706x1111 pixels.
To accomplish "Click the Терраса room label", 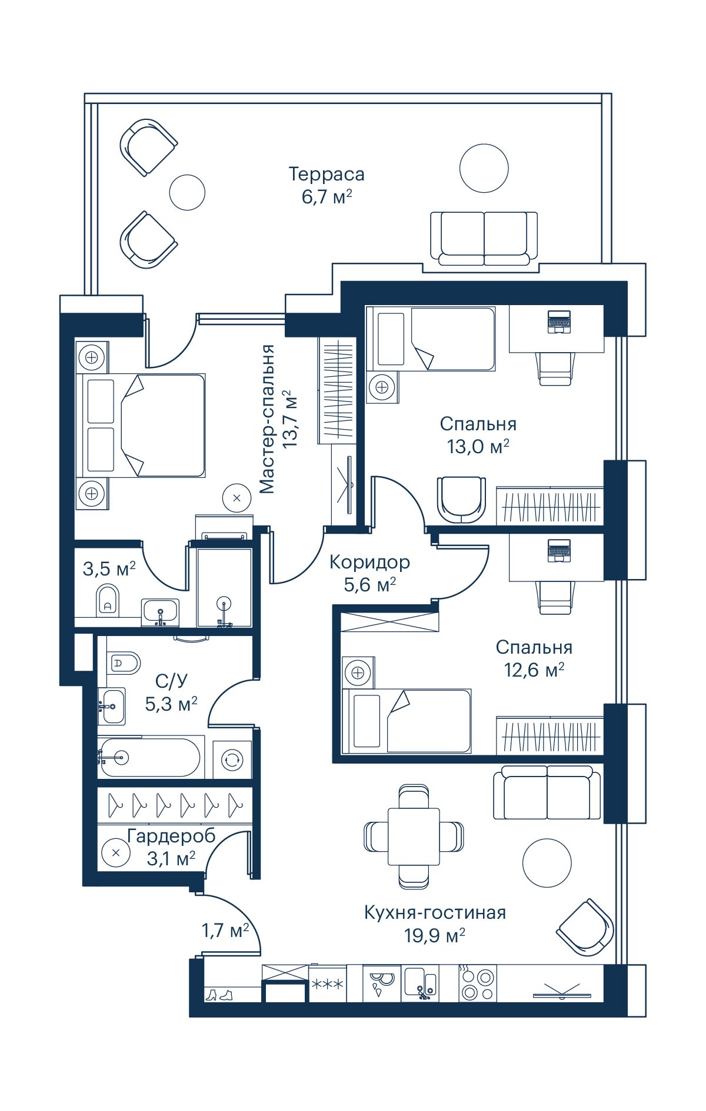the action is (327, 175).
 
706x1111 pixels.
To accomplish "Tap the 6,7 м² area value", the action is (327, 196).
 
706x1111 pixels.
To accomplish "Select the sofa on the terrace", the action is (484, 239).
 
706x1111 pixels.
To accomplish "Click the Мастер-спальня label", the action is (267, 419).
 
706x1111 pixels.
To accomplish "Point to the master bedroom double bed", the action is (144, 425).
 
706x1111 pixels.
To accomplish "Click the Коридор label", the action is (369, 562).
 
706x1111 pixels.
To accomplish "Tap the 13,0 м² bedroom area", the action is (478, 446).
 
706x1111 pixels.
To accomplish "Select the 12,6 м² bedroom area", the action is (534, 670).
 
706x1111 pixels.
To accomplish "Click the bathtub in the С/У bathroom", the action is (150, 758).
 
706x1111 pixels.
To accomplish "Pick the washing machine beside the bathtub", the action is (232, 759).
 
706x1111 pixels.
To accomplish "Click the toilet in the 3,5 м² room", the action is (107, 599).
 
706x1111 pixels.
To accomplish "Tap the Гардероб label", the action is (171, 835).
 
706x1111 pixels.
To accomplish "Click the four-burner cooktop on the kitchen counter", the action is (477, 984).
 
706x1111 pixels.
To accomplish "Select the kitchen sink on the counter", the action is (420, 983).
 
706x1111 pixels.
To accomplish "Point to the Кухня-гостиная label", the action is (435, 912).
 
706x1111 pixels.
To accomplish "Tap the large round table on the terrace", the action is (484, 168).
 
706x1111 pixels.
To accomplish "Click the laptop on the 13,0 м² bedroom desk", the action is (559, 321).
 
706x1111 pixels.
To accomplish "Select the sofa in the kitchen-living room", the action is (547, 792).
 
